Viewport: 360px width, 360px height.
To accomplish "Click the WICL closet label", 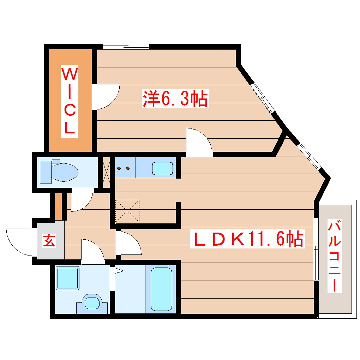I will (x=70, y=101).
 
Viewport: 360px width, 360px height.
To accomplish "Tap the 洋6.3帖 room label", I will (x=175, y=99).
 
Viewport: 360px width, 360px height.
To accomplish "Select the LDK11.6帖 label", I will (x=247, y=240).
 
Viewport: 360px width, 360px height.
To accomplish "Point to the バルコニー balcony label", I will (x=335, y=256).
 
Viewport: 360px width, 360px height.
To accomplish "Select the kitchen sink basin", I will (x=162, y=168).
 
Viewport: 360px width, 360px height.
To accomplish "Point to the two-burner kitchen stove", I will (x=124, y=168).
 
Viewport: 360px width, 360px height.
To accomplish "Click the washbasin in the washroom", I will (x=92, y=303).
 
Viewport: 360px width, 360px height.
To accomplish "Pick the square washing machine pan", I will (x=68, y=278).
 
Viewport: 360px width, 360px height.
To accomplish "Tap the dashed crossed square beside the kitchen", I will (x=127, y=211).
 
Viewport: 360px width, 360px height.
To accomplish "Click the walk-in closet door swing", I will (x=107, y=96).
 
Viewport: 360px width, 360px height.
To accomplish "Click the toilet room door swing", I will (x=81, y=200).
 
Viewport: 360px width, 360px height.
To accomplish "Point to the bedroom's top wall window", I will (x=126, y=46).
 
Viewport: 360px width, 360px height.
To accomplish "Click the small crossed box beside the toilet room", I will (x=106, y=172).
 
